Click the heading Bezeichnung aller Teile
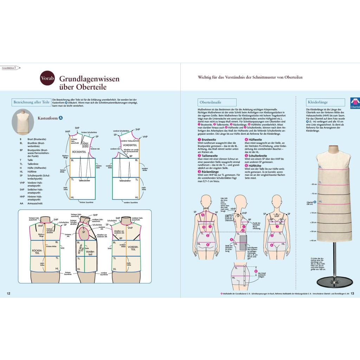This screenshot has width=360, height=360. [32, 102]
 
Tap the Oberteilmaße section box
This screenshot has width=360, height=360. [211, 102]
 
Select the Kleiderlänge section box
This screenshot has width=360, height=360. [318, 102]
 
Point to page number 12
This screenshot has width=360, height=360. [9, 293]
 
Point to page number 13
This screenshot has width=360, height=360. [352, 293]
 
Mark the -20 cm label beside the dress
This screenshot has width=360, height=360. [314, 184]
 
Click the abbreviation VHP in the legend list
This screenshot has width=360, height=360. [22, 182]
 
